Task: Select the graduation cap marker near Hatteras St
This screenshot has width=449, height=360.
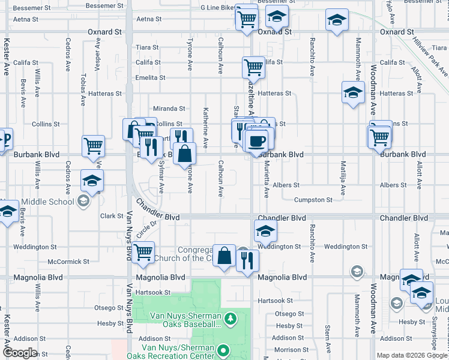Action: click(353, 92)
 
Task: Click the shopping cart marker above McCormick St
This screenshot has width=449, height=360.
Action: click(143, 253)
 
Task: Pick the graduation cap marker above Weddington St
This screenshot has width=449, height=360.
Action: click(265, 230)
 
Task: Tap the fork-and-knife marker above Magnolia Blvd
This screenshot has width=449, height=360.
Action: click(247, 260)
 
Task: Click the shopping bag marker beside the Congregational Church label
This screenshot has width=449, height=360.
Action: click(224, 256)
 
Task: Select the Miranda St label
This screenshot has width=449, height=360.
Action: click(169, 109)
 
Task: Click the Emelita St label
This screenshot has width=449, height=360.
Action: click(150, 78)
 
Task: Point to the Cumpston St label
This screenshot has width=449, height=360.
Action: click(313, 200)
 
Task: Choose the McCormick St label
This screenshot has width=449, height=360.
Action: click(68, 262)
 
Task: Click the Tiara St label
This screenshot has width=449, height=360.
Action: click(147, 47)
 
